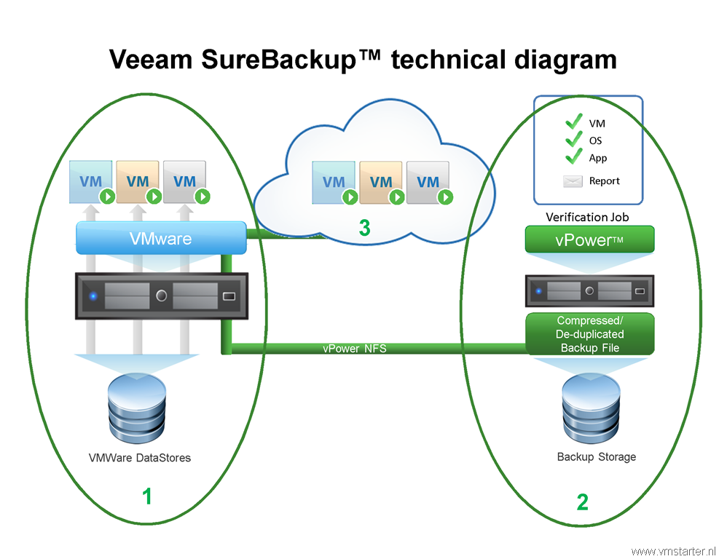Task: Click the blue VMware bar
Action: point(161,238)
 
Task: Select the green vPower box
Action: point(589,239)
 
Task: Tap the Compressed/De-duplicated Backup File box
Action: point(589,334)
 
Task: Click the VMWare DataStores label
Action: point(140,458)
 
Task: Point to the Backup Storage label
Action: point(596,457)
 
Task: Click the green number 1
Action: point(147,497)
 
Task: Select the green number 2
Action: point(582,502)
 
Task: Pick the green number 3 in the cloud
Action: point(364,228)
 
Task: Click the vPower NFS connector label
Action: point(354,349)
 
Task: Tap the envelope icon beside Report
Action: point(573,181)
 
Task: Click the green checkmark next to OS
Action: point(574,139)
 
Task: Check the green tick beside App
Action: point(574,156)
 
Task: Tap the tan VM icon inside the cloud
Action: point(380,182)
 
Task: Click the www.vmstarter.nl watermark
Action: point(675,551)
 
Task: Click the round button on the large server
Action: point(162,296)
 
